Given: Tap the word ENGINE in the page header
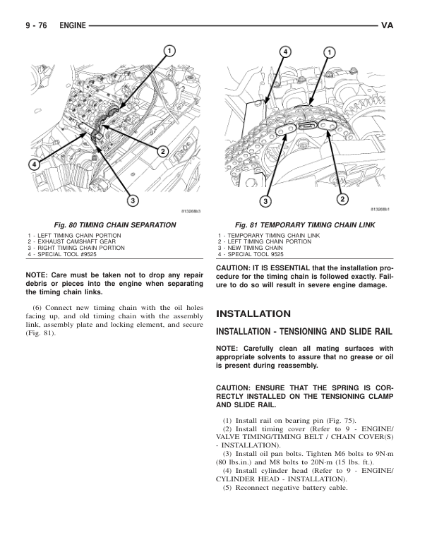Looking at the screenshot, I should (73, 26).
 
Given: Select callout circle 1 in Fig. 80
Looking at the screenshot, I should (170, 49).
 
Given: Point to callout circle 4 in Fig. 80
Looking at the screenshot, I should (34, 164).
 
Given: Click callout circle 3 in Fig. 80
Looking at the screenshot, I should (132, 201).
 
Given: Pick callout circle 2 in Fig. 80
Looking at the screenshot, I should (162, 152).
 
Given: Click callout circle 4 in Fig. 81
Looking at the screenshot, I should (285, 52).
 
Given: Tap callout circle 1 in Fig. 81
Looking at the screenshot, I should (330, 52).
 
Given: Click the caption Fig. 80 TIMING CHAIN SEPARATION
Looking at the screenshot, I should (109, 224).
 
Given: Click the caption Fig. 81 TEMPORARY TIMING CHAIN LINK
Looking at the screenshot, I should (305, 224).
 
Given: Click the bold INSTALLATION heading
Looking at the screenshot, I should (253, 313).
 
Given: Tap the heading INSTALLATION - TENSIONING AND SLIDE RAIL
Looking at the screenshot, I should (304, 331).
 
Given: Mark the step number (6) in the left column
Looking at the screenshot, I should (39, 307).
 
